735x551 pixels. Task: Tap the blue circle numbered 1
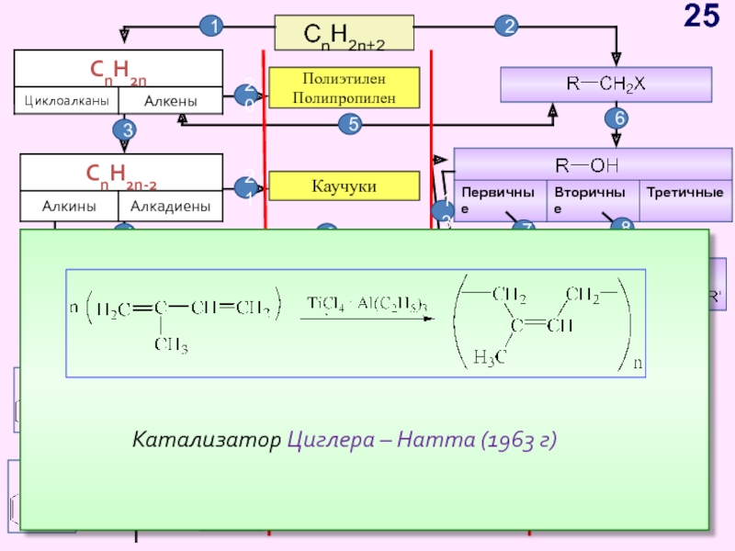(213, 28)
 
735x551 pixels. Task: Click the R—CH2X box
(605, 84)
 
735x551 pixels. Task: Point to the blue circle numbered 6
(616, 118)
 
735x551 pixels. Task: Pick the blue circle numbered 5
(350, 125)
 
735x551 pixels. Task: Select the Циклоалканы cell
(66, 100)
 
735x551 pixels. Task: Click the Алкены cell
(170, 100)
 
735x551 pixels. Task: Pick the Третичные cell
(684, 194)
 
